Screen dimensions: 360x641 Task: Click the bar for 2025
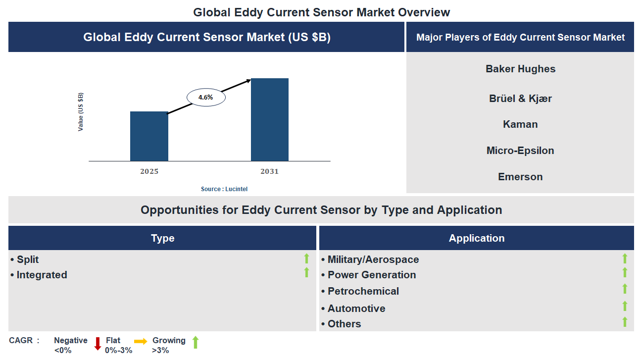(149, 136)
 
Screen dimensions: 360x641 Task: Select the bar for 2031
(270, 119)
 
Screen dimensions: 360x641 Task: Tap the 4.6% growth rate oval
(206, 98)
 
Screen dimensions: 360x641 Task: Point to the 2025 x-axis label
(149, 171)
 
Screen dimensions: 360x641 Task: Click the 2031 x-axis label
(270, 171)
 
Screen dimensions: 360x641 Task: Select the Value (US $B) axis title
(81, 112)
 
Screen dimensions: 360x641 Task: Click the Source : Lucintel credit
(224, 189)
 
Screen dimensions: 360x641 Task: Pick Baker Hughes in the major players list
(520, 69)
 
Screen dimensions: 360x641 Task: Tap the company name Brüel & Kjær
(520, 99)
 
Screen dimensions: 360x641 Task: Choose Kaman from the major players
(520, 124)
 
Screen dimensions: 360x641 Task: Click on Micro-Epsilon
(520, 151)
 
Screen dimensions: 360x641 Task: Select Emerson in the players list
(520, 177)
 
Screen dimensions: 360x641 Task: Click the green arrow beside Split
(306, 258)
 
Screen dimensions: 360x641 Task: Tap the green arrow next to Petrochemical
(625, 289)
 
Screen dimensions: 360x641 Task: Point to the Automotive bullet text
(356, 309)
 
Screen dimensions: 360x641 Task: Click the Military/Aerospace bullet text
(373, 259)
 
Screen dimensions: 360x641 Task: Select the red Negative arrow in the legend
(98, 343)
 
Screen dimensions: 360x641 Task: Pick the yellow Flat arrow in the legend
(141, 341)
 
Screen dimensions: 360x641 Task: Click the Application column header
(476, 238)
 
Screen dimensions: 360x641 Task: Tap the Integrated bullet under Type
(42, 275)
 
